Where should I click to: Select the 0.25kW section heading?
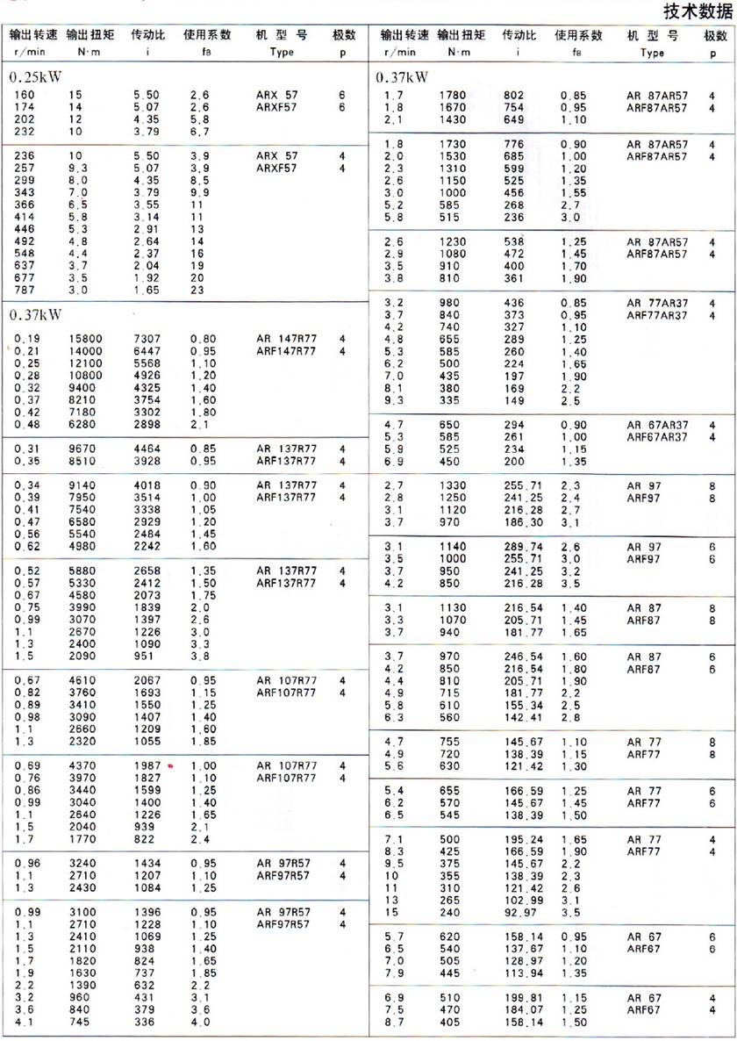(x=37, y=77)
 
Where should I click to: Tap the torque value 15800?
(x=83, y=338)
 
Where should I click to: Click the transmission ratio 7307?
(x=147, y=338)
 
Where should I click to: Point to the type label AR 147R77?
(x=287, y=338)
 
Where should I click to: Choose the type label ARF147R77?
(x=287, y=351)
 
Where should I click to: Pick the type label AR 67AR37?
(x=657, y=425)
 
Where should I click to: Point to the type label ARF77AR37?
(x=657, y=315)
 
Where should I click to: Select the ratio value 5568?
(x=147, y=363)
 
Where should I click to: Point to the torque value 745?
(x=80, y=1022)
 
